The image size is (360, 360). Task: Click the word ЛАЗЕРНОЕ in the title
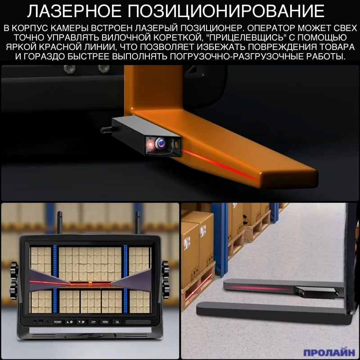point(74,11)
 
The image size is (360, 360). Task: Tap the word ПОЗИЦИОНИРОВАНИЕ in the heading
point(226,11)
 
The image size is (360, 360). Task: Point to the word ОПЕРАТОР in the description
point(270,28)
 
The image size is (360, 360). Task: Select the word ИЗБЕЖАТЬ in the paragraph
point(221,47)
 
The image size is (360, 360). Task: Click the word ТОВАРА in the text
point(336,47)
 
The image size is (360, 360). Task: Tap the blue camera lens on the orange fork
point(161,143)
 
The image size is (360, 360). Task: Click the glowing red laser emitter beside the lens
point(150,144)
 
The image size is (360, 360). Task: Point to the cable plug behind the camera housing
point(106,130)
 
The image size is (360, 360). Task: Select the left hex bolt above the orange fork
point(69,68)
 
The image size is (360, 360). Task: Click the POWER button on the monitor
point(58,322)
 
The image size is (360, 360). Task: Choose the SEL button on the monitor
point(117,322)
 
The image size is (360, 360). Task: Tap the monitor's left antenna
point(59,223)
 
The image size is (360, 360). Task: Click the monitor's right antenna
point(138,223)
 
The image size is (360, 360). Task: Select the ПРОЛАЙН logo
point(329,352)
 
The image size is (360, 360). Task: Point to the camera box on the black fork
point(316,293)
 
